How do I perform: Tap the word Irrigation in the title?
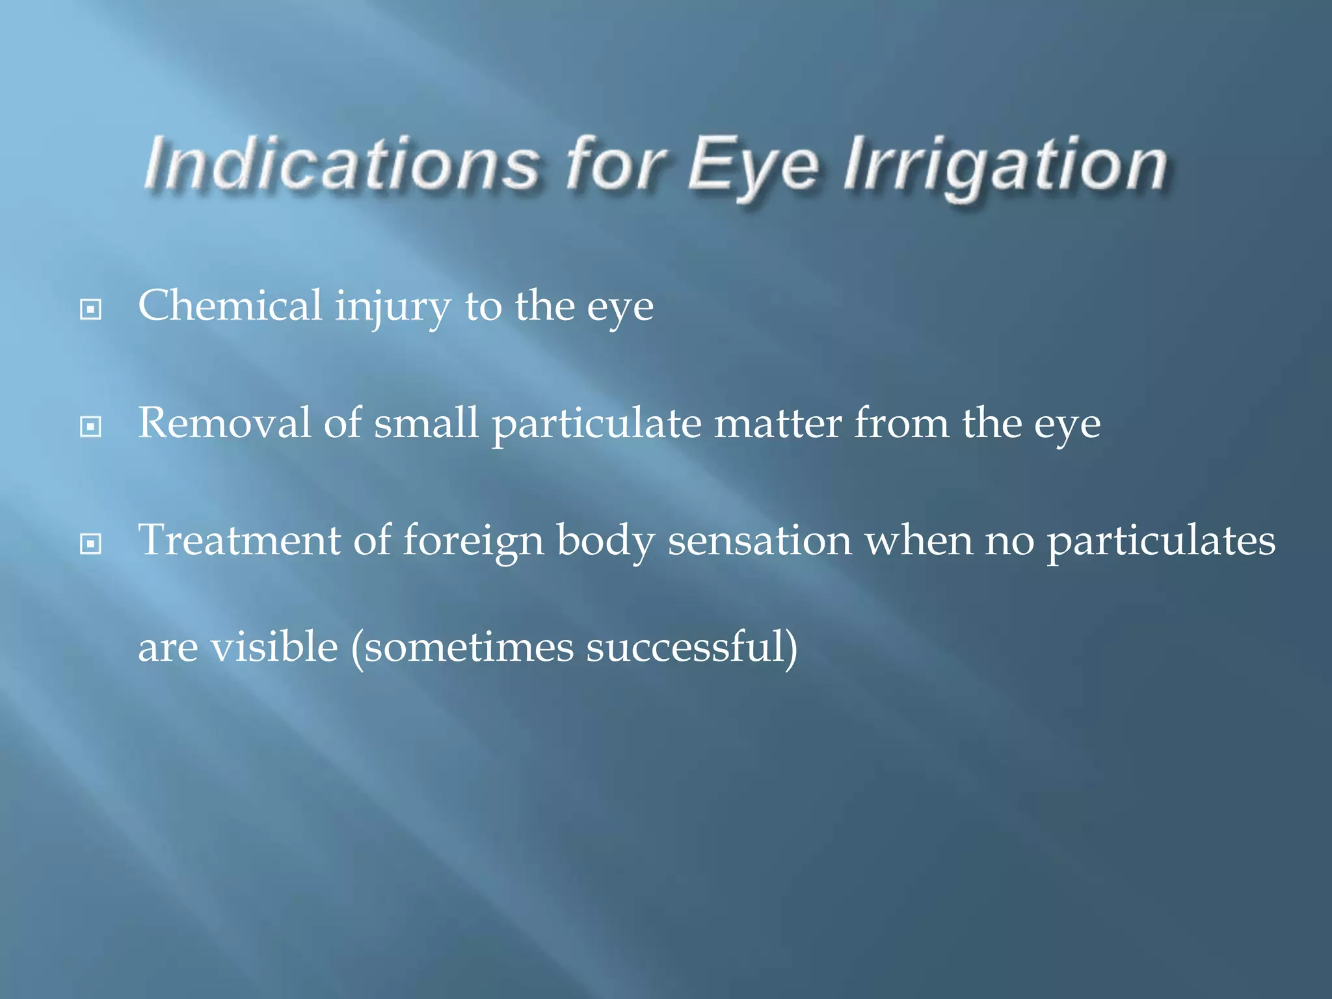1005,166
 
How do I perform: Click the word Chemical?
230,306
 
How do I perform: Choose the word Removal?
224,423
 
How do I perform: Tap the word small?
426,423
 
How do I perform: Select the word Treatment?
239,540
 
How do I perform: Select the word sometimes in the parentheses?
469,648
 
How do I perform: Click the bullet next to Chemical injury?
90,309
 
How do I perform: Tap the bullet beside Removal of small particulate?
90,427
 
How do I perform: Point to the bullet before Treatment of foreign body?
90,544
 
